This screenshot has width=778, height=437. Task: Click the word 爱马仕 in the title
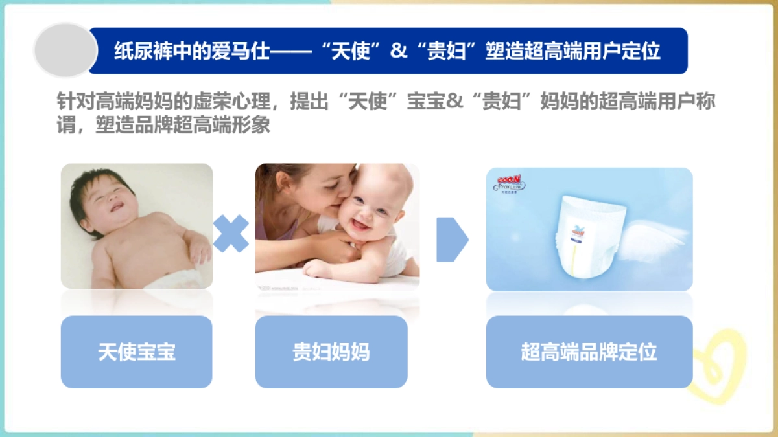click(235, 51)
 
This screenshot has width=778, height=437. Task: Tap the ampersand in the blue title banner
click(399, 51)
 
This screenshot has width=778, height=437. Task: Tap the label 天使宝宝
click(137, 352)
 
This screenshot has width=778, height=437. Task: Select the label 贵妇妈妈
click(331, 352)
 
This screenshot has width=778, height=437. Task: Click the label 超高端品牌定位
click(589, 352)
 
